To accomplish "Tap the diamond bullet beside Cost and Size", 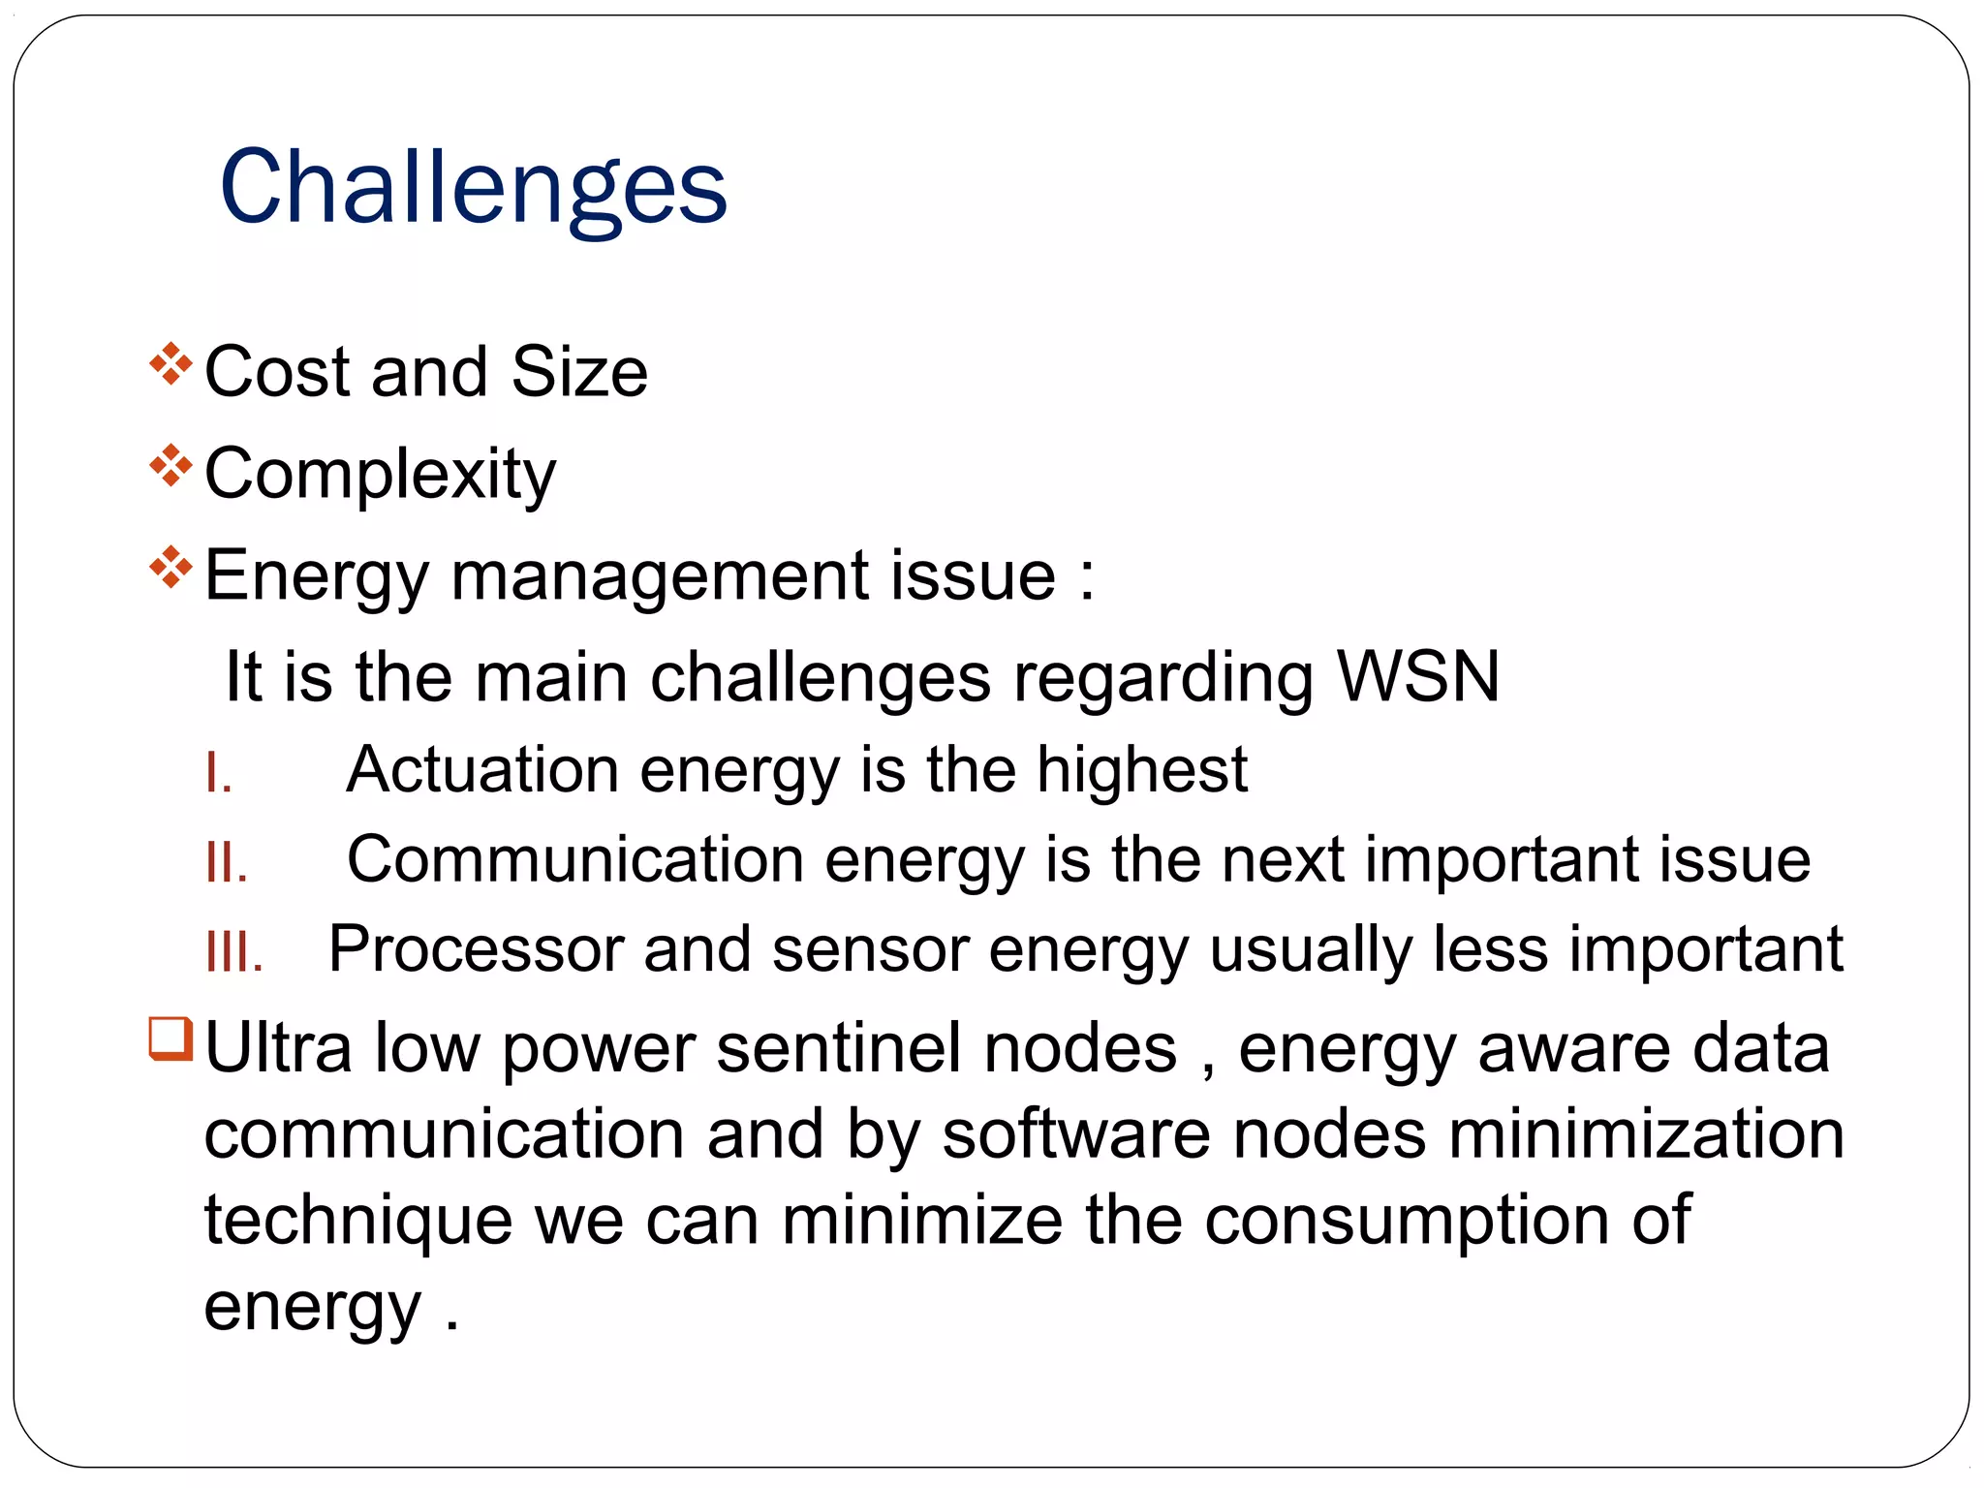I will [171, 364].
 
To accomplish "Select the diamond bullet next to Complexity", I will [171, 466].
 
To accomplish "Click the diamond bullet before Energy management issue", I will [171, 568].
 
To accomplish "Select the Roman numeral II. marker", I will [227, 862].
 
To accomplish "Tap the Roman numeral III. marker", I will [234, 952].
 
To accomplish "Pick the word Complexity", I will [381, 475].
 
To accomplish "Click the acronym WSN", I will [1418, 676].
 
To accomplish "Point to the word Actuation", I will [482, 769].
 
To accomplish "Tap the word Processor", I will [476, 948].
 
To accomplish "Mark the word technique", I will [358, 1221].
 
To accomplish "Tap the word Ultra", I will [278, 1048].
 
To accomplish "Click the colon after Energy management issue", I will [1087, 577].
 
